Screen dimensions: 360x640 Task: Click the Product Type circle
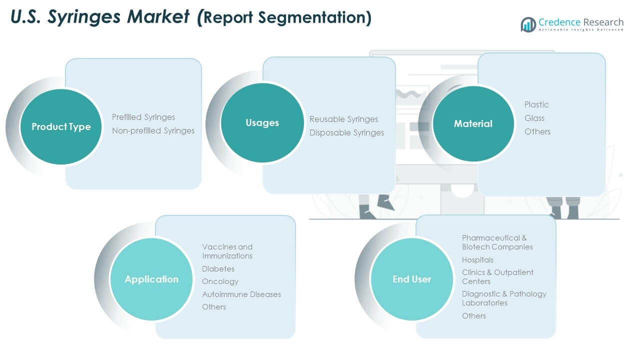tap(61, 126)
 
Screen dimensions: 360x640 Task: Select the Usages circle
tap(262, 123)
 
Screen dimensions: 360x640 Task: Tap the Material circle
tap(473, 123)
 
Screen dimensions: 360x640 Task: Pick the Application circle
tap(151, 279)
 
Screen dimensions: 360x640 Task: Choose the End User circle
tap(411, 279)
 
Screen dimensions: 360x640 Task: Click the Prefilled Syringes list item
tap(143, 117)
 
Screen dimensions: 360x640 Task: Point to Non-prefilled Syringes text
tap(153, 130)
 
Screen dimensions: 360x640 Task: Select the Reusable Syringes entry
tap(343, 119)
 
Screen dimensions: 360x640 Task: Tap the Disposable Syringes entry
tap(346, 132)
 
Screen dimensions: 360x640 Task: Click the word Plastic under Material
tap(536, 104)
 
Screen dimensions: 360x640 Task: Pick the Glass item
tap(534, 118)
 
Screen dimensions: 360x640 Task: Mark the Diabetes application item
tap(218, 269)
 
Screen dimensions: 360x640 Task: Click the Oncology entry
tap(220, 281)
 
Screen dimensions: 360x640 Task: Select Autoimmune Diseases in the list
tap(241, 294)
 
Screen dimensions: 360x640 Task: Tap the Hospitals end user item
tap(477, 260)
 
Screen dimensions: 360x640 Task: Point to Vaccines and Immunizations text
tap(227, 251)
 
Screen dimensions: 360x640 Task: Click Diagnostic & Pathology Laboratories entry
tap(504, 298)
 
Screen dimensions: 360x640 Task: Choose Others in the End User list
tap(474, 315)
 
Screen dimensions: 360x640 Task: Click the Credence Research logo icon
tap(528, 24)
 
